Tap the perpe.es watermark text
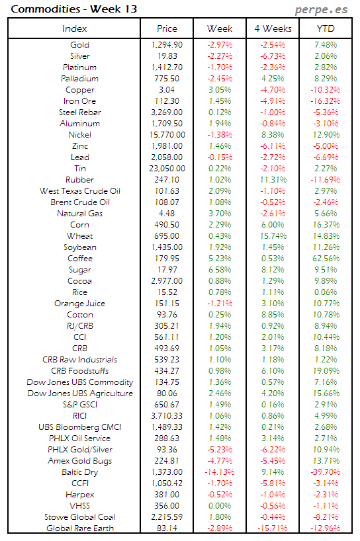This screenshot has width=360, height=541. click(322, 9)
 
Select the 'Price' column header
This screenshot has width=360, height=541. click(167, 28)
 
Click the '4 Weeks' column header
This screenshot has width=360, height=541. click(273, 28)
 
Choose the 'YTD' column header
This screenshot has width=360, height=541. click(326, 28)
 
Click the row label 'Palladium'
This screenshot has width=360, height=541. click(79, 79)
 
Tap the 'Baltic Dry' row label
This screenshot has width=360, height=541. click(79, 472)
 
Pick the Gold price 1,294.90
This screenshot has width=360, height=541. click(167, 45)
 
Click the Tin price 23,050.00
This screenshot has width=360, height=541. click(167, 169)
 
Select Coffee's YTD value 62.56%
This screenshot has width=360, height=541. click(326, 259)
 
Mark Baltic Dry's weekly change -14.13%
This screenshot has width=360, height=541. click(218, 472)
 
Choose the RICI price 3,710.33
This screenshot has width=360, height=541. click(167, 415)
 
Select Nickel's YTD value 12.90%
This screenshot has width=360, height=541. click(326, 135)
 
